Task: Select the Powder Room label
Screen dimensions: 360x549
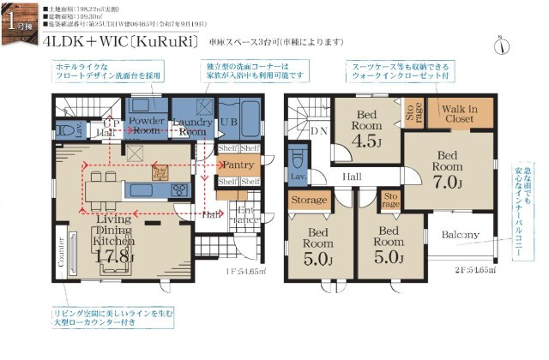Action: pos(147,127)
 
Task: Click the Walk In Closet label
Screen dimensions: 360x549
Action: pos(458,114)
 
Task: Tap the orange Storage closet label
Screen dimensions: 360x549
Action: pos(308,200)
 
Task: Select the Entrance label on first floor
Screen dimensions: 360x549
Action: pos(245,214)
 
